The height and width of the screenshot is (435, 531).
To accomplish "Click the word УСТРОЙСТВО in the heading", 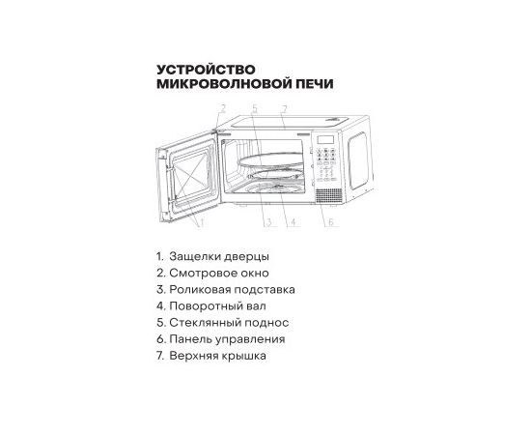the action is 206,70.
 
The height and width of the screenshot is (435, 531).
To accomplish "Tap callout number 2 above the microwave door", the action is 222,108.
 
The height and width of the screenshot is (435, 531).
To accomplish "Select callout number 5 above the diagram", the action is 255,108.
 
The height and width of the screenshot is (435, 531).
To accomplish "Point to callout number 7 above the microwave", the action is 284,109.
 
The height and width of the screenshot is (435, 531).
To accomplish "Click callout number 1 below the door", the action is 201,222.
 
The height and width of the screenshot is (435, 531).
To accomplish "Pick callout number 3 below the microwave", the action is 268,222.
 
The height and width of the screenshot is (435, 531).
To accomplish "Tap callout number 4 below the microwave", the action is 293,222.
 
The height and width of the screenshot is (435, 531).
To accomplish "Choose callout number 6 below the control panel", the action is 331,221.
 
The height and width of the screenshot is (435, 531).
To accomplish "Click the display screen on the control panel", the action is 325,139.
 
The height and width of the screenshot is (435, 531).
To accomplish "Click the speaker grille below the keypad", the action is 329,195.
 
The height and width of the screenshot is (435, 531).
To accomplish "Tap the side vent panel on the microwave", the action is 358,160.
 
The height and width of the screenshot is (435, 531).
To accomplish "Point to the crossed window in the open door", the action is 191,177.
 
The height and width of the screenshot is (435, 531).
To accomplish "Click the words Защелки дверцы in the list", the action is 219,257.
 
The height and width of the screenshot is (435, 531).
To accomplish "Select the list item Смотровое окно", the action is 219,273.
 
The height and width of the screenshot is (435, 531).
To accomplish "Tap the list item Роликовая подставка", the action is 232,290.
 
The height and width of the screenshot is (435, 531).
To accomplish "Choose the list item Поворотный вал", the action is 217,306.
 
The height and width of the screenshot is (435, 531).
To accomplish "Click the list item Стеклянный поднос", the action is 229,323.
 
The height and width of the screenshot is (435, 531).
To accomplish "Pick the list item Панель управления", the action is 227,339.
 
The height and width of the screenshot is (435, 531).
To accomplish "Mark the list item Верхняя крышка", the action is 217,356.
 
